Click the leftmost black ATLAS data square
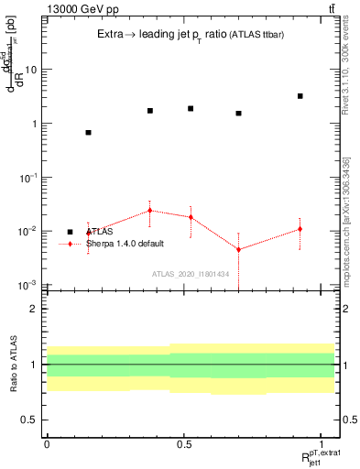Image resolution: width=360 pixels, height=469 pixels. [x=88, y=133]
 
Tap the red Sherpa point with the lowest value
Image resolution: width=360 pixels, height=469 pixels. [x=238, y=249]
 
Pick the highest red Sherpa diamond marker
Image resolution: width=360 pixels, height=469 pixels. [x=150, y=211]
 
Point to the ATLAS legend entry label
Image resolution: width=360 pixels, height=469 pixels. [x=99, y=232]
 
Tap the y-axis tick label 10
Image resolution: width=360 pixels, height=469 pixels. [x=30, y=70]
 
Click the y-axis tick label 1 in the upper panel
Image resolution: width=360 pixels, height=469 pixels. [x=34, y=124]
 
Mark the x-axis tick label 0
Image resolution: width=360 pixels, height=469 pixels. [x=47, y=444]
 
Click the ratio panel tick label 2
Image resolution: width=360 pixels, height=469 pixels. [x=34, y=309]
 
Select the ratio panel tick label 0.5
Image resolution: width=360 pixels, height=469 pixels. [x=29, y=420]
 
